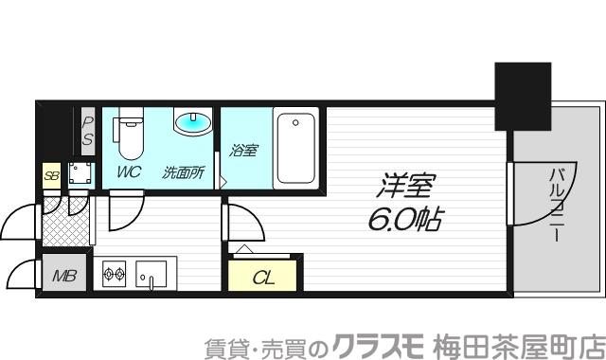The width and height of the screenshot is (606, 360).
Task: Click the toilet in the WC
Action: tap(129, 135)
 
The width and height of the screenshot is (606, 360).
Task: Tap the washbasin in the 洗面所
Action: tap(193, 122)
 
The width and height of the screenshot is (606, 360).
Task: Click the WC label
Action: tap(129, 172)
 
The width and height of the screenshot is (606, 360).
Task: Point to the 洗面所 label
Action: tap(184, 172)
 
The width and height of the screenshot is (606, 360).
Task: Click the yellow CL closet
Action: tap(263, 276)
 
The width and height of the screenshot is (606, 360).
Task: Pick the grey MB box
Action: tap(64, 276)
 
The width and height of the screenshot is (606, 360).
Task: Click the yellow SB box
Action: tap(50, 175)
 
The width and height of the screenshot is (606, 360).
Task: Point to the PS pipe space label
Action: tap(86, 130)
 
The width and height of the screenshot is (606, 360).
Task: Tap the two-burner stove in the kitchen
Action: tap(114, 276)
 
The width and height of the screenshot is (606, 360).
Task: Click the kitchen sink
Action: tap(151, 276)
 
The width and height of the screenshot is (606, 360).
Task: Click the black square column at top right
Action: tap(523, 96)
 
